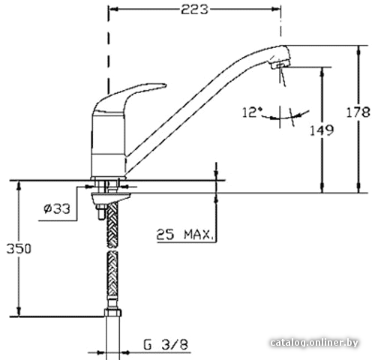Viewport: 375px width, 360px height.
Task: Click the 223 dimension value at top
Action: point(194,10)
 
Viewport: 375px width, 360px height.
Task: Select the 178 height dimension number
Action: point(358,112)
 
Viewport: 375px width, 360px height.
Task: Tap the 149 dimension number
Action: point(322,130)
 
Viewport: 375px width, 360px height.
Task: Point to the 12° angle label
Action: point(252,112)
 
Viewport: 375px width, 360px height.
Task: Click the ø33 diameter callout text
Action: point(57,208)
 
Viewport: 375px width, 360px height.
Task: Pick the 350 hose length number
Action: point(19,249)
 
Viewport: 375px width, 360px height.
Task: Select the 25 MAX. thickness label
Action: point(185,235)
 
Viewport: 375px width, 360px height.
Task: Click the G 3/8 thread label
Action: point(166,344)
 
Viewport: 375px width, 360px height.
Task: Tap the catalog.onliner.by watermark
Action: point(314,342)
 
